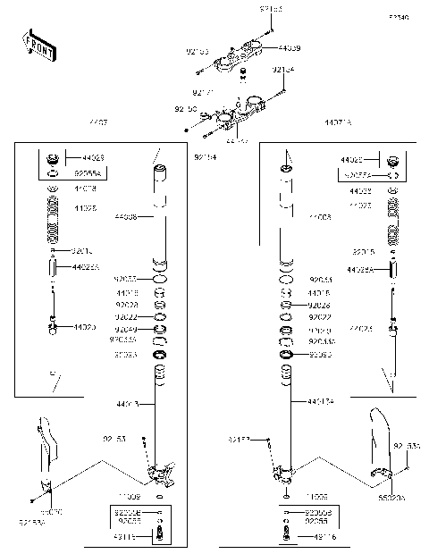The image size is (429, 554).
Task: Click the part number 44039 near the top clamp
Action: (x=289, y=48)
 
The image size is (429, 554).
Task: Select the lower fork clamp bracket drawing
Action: (x=234, y=113)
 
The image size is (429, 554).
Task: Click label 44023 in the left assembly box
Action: (x=93, y=157)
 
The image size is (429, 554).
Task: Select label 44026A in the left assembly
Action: (x=86, y=266)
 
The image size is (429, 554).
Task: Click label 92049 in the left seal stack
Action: (x=127, y=329)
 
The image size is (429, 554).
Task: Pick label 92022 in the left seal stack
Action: (x=127, y=316)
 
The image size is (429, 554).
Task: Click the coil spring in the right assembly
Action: (x=392, y=223)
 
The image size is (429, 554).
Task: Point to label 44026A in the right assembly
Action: (x=361, y=268)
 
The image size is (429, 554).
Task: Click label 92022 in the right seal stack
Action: (x=319, y=316)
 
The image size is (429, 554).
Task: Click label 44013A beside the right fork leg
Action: (x=319, y=403)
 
